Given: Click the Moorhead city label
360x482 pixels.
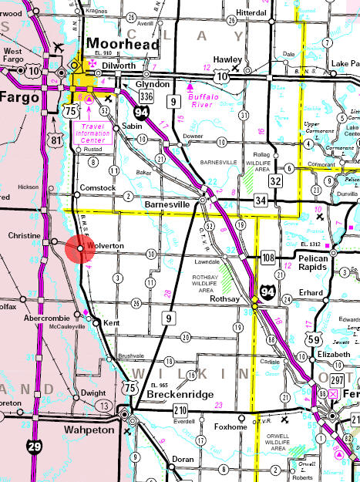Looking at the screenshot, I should [124, 45].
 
